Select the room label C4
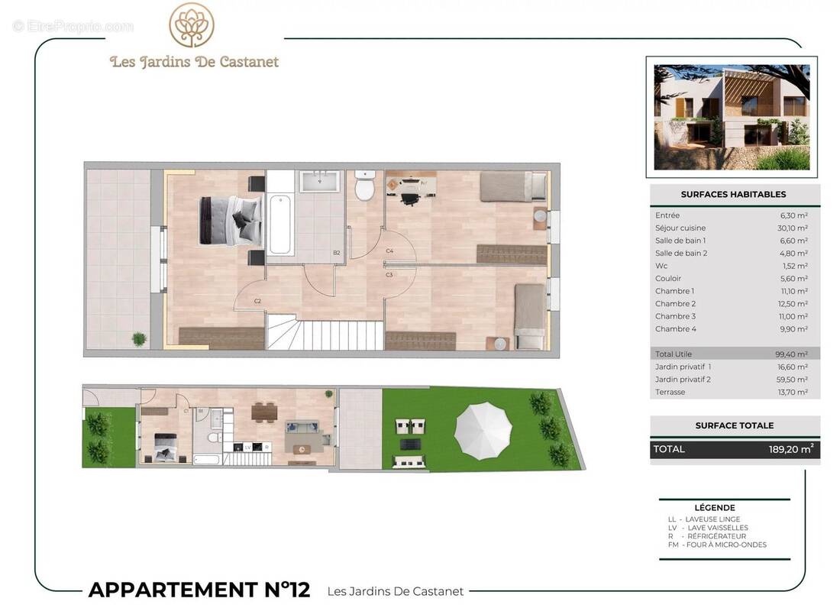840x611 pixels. [x=389, y=251]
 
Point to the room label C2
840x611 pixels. [x=257, y=301]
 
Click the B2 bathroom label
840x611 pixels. [x=336, y=253]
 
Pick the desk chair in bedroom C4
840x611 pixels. [x=409, y=198]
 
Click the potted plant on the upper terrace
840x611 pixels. [x=139, y=338]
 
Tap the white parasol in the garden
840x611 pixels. [x=483, y=431]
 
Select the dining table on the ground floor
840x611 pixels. [x=263, y=412]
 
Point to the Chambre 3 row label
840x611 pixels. [x=675, y=316]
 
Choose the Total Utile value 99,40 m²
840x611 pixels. [x=791, y=354]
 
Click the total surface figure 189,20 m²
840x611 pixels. [x=790, y=450]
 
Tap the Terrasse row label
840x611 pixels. [x=670, y=392]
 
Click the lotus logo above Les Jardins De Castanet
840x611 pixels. [x=192, y=25]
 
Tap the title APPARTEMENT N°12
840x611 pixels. [x=199, y=590]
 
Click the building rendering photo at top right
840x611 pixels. [x=732, y=117]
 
